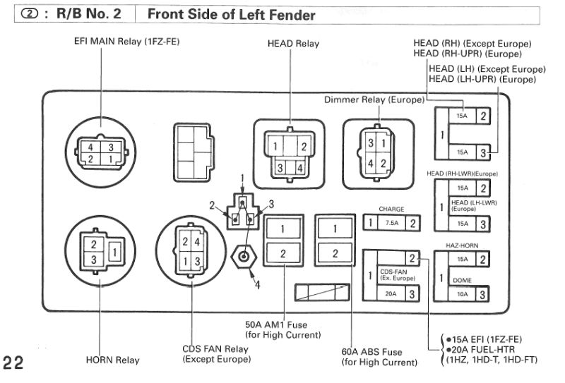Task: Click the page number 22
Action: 13,363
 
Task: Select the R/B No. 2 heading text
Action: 89,13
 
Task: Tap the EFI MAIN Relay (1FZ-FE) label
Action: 127,42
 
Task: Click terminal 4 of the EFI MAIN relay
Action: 90,147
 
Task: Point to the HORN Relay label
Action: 112,360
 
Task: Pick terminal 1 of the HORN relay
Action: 115,252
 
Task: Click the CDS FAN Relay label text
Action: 215,349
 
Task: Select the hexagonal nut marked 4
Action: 244,257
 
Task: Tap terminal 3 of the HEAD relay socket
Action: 280,168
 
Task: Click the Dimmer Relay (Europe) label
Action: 374,100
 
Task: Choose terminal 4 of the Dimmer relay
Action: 370,164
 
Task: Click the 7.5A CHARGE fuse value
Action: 392,223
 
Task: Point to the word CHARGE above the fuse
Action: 391,209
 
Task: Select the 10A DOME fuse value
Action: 463,294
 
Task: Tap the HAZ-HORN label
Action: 462,245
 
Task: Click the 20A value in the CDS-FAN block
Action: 391,293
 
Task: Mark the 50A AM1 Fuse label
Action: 276,324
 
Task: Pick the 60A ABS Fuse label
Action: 371,352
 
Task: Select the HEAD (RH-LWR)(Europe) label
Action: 462,174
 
